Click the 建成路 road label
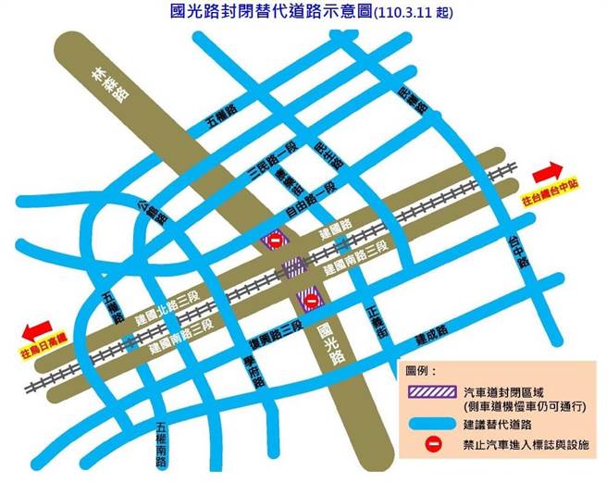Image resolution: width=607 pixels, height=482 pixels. tap(430, 330)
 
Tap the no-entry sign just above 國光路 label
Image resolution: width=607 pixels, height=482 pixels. tap(312, 301)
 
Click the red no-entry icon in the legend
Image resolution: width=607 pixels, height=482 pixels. tap(428, 445)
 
